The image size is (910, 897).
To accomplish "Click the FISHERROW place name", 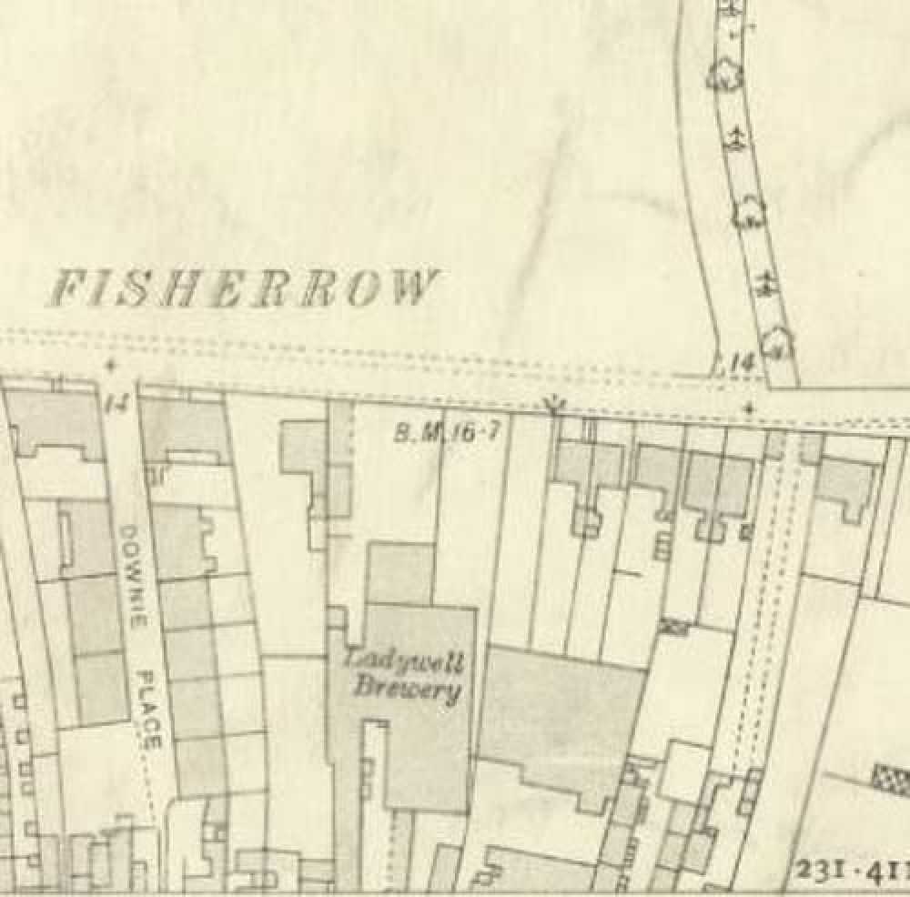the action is point(240,288).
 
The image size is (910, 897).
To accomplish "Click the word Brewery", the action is point(406,688).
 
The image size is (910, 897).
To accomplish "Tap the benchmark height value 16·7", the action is point(475,432).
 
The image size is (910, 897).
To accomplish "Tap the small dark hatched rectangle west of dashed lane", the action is point(674,625).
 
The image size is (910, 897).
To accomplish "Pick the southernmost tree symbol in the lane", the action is point(776,341).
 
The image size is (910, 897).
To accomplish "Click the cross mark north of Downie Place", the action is point(111,366).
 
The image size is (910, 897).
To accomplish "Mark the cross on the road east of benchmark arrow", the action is point(749,409).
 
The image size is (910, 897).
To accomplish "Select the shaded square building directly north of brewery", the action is point(400,572).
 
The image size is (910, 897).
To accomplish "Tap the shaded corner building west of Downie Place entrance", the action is point(56,424).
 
